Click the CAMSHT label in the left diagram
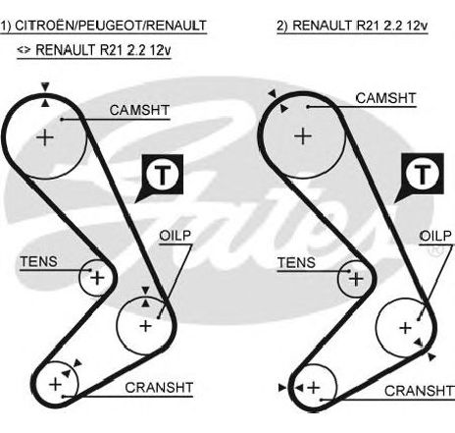139,110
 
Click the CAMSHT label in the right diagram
385,98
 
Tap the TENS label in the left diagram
38,262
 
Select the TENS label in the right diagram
296,263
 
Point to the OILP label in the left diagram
175,236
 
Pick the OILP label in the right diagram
435,236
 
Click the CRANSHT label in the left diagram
159,388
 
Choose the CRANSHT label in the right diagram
419,391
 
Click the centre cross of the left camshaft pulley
45,137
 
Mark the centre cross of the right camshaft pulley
303,136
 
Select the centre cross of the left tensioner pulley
97,278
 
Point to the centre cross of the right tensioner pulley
356,280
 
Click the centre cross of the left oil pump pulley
145,326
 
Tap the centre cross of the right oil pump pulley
405,328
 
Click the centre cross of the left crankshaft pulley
55,384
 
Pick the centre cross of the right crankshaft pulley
314,388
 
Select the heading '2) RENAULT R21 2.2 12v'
352,26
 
